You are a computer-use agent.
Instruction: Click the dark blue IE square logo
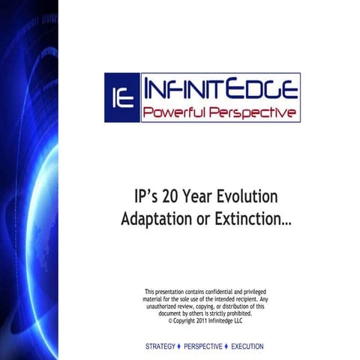point(121,97)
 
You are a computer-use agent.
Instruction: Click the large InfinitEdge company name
point(220,89)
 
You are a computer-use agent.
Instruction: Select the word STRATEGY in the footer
point(160,347)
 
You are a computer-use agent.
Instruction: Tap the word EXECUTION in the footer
point(247,347)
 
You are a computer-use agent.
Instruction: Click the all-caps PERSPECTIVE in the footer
point(202,347)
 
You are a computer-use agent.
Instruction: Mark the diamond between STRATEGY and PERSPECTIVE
point(179,347)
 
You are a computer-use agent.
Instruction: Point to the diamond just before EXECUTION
point(226,347)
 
